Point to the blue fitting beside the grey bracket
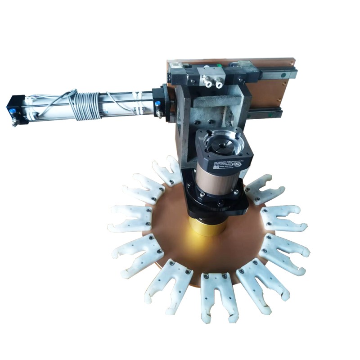click(x=157, y=104)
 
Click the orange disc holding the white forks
click(x=180, y=243)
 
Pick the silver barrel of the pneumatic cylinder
click(x=121, y=103)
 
